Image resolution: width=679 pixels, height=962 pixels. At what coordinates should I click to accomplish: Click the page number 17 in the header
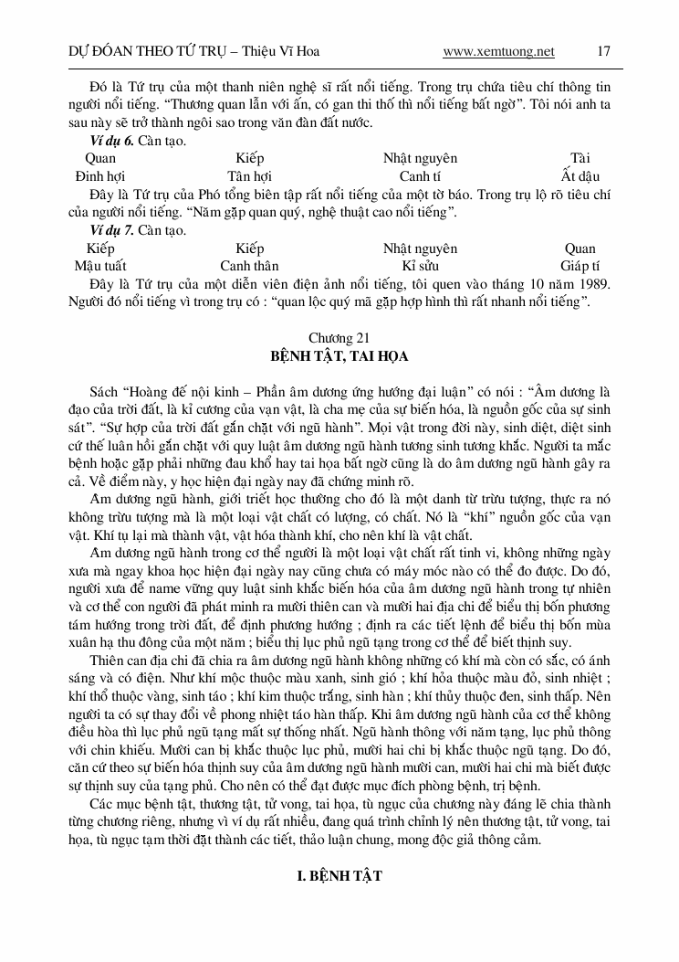603,51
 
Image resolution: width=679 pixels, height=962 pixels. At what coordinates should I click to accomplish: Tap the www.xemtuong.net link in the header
498,51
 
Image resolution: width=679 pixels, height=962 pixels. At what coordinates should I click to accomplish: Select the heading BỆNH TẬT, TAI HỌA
339,354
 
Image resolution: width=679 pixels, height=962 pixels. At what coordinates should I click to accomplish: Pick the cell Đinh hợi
100,176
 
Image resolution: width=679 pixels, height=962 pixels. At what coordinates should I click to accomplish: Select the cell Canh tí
420,176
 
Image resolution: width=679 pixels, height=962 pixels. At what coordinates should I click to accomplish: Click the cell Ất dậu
580,176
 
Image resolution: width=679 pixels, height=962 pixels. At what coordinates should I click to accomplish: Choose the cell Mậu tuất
100,266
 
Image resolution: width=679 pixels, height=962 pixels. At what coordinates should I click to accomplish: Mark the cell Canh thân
249,266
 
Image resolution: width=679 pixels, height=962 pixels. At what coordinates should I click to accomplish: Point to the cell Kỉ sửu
420,266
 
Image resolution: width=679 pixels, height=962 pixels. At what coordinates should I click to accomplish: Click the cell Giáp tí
580,266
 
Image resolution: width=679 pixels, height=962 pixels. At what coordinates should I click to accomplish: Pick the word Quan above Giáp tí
580,248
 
